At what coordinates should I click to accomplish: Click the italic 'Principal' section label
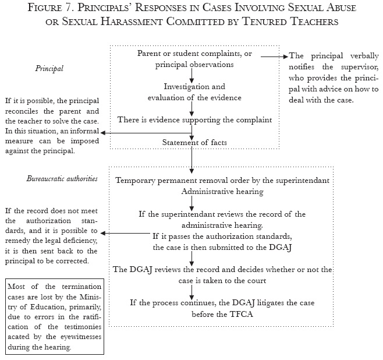click(49, 69)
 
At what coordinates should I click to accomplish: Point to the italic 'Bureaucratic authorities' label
click(62, 178)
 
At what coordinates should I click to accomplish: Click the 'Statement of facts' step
click(191, 143)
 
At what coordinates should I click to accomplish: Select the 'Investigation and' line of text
click(191, 86)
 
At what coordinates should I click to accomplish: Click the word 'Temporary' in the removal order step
click(139, 180)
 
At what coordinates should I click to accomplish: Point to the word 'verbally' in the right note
click(361, 57)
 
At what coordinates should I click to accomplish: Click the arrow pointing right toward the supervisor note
click(275, 57)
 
